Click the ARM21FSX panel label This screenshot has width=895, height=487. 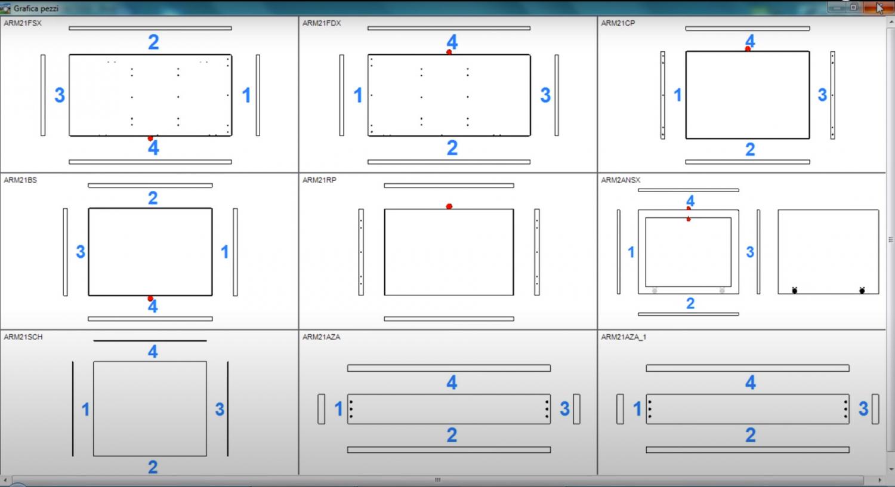point(23,23)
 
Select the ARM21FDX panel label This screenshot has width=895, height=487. point(322,23)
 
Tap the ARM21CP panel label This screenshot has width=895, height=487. point(618,23)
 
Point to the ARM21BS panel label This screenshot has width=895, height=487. point(20,180)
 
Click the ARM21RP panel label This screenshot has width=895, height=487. point(319,180)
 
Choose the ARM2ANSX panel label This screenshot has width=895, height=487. point(621,180)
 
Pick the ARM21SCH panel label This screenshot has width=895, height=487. point(23,337)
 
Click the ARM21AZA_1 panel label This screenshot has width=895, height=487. point(624,337)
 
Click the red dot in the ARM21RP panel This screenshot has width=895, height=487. point(449,206)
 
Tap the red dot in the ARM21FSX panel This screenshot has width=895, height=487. point(150,138)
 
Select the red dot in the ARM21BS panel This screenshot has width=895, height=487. point(150,298)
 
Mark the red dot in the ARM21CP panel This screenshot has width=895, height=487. point(748,49)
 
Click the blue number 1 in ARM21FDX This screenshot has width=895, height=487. point(358,95)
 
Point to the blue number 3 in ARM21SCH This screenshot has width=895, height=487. point(220,409)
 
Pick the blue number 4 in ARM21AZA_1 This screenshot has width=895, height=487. point(751,383)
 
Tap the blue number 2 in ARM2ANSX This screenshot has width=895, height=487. point(690,303)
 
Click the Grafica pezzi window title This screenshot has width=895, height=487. point(36,8)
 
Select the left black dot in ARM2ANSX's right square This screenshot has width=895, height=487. point(795,291)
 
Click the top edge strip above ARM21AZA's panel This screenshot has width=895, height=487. point(449,368)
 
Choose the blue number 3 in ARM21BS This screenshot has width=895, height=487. point(81,252)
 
